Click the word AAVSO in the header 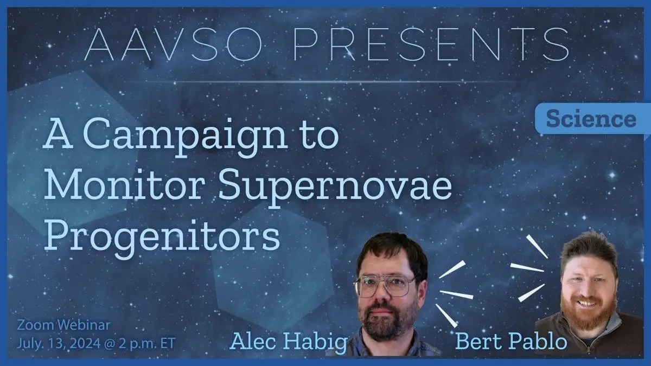pyautogui.click(x=173, y=44)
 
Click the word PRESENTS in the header pyautogui.click(x=431, y=44)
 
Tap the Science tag pyautogui.click(x=591, y=119)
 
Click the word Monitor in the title pyautogui.click(x=123, y=185)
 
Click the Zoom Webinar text pyautogui.click(x=63, y=325)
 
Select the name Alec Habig pyautogui.click(x=289, y=342)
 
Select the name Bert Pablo pyautogui.click(x=511, y=342)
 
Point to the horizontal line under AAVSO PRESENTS pyautogui.click(x=325, y=82)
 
